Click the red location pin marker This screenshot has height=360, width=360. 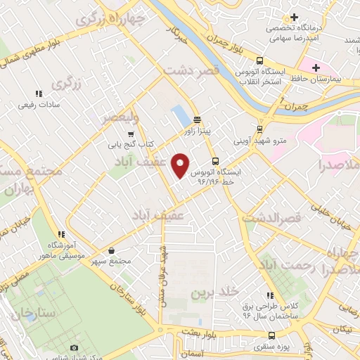coord(181,165)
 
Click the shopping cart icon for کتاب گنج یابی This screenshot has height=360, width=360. coord(130,134)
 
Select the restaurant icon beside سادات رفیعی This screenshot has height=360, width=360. coord(38,92)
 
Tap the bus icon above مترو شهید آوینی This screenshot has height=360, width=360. coord(260,129)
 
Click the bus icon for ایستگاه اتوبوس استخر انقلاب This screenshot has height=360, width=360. coord(260,61)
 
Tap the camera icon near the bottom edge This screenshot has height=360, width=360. coord(75,347)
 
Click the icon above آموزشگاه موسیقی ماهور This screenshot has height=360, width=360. coord(62,234)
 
